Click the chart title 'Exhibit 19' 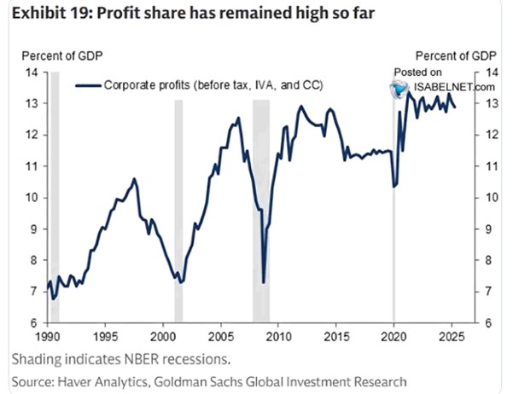click(42, 15)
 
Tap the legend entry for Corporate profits click(201, 85)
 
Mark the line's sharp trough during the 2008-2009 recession click(264, 281)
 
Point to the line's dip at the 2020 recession click(393, 186)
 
